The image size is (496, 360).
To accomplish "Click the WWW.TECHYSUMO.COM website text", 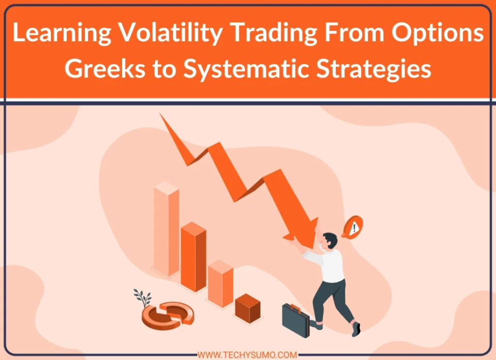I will point(248,355).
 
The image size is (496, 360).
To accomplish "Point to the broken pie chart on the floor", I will point(168,313).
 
